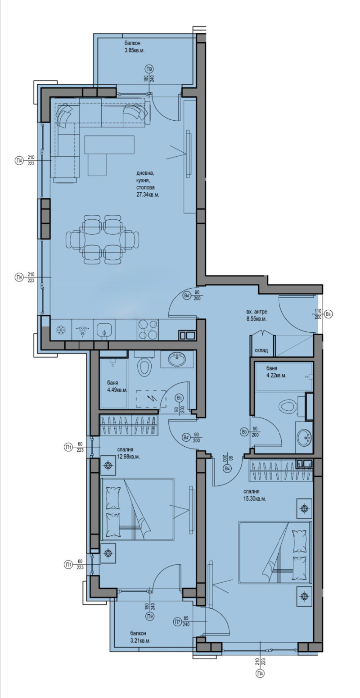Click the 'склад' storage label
[261, 350]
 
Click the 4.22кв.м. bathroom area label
[276, 376]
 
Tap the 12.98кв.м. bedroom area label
[129, 457]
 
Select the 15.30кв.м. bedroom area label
[255, 499]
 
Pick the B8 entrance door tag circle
[328, 314]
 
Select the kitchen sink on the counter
[104, 330]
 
